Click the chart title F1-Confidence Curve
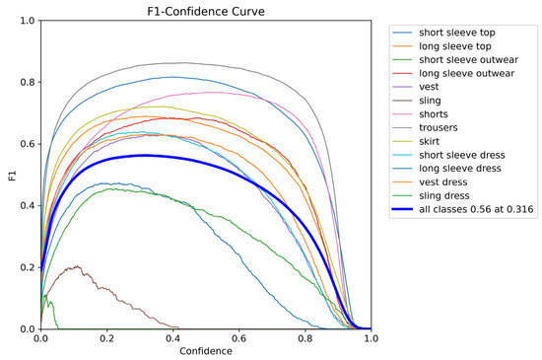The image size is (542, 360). point(205,11)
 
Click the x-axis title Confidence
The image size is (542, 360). point(205,350)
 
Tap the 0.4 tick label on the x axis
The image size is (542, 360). point(172,338)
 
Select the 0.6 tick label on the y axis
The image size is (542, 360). point(27,144)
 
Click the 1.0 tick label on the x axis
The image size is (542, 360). point(371,338)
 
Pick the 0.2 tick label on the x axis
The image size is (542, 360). point(106,338)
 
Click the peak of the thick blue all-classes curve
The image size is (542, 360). point(145,155)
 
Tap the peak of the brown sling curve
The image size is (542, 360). point(76,266)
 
